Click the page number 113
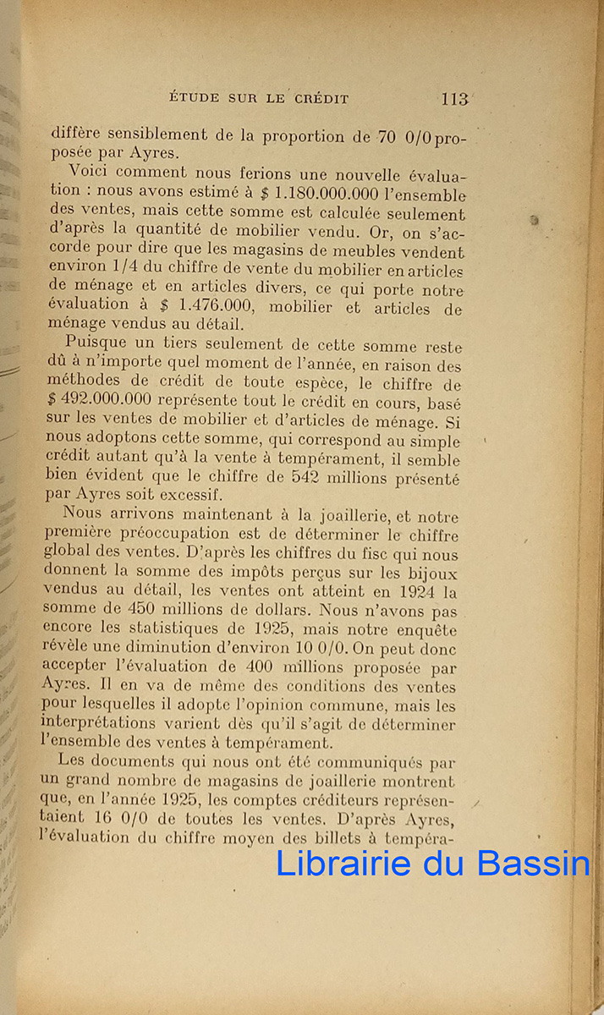click(454, 98)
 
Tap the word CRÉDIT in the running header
click(321, 99)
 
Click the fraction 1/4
click(112, 272)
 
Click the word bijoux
click(432, 573)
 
